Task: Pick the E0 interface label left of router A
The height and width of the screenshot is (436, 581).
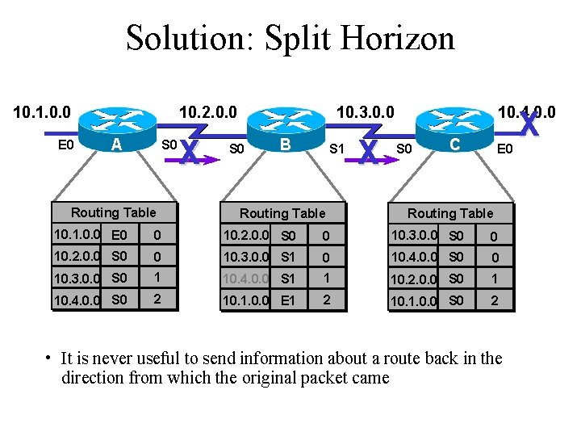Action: pos(67,145)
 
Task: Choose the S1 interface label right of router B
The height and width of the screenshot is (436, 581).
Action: pos(337,149)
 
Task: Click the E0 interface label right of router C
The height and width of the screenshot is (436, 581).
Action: pos(504,149)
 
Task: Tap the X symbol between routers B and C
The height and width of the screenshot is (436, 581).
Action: pos(369,152)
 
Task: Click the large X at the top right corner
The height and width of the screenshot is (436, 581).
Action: pos(529,124)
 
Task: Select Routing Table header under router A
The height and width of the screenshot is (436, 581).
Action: pos(113,212)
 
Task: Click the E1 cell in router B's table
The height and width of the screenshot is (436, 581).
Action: pos(287,301)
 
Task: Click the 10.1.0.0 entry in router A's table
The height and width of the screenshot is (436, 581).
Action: pos(77,235)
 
